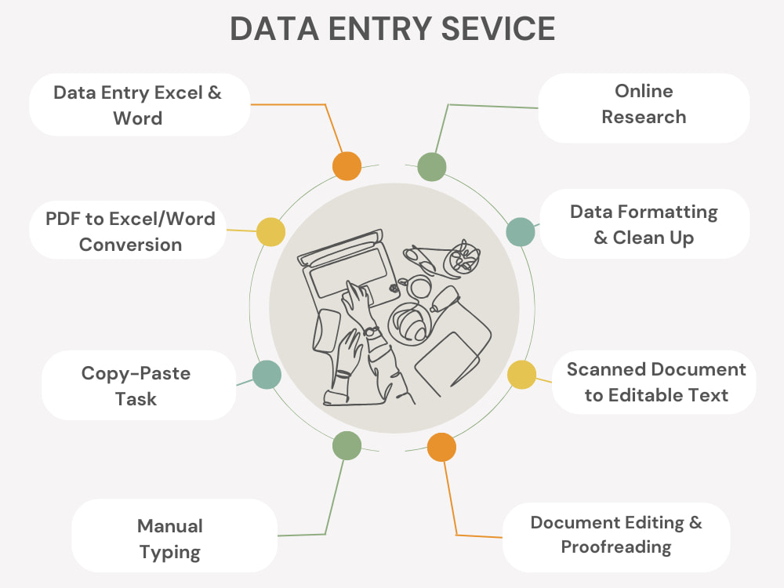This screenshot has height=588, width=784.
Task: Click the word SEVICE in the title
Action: (x=498, y=28)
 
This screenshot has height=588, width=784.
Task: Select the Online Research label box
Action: (x=644, y=107)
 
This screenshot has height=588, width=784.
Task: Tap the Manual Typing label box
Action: (x=174, y=535)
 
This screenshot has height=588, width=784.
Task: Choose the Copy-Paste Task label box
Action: (x=139, y=385)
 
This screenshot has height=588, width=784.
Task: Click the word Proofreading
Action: (x=616, y=547)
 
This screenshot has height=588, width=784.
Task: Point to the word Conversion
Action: (x=130, y=245)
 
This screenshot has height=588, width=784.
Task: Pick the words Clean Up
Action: (x=653, y=238)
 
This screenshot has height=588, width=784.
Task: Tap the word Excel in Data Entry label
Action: (x=178, y=93)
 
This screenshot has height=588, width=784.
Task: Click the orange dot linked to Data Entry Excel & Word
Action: (x=347, y=166)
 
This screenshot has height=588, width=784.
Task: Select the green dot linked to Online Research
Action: (x=431, y=167)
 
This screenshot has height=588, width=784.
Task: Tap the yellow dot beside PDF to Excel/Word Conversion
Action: (x=271, y=232)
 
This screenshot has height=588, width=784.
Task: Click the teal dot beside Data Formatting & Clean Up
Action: (x=521, y=232)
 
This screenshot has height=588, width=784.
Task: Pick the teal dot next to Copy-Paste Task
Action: (x=267, y=375)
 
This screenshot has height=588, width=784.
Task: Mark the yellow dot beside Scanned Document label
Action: (x=521, y=375)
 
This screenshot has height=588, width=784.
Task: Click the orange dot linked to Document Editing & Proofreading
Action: (x=441, y=447)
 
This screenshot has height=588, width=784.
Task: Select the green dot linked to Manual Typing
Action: (x=347, y=445)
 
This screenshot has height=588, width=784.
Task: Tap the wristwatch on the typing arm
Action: (x=372, y=332)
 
